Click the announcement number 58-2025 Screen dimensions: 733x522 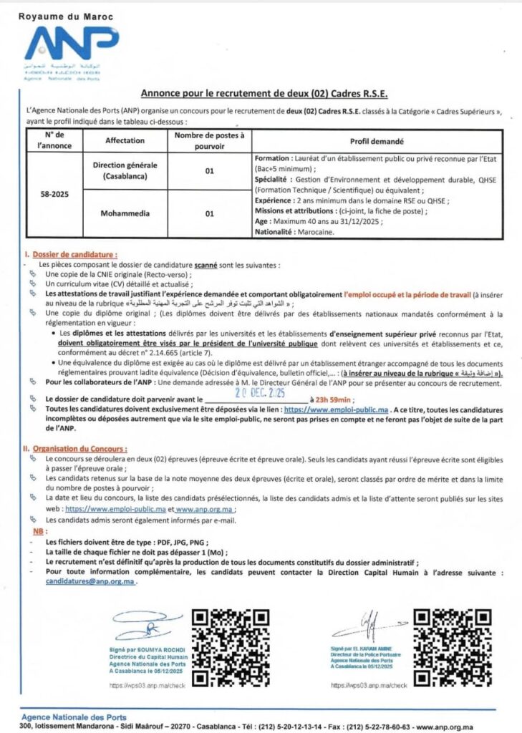56,193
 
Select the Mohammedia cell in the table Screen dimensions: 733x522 125,213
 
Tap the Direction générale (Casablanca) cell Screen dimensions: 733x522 125,170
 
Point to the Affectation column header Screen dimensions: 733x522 125,140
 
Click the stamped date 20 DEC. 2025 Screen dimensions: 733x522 258,392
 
